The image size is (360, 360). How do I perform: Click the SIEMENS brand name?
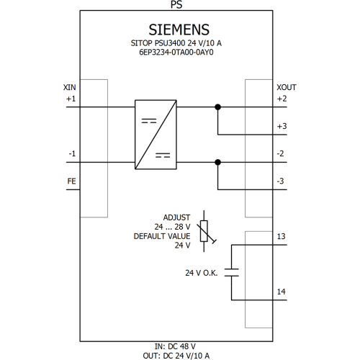pos(179,30)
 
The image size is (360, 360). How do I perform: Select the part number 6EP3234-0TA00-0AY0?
pos(176,52)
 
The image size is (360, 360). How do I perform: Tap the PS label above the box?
pos(176,4)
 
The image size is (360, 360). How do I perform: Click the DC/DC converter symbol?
pos(156,135)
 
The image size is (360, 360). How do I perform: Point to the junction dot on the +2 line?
pos(217,107)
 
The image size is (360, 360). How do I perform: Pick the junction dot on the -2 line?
pos(217,162)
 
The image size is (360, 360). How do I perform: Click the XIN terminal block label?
pos(70,87)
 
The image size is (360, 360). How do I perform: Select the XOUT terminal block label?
pos(287,87)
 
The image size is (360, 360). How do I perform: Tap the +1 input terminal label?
pos(71,99)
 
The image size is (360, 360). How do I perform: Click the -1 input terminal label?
pos(72,153)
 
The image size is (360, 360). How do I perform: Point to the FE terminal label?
pos(71,181)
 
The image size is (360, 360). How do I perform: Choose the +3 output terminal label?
pos(282,126)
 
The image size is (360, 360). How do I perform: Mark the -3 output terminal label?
pos(280,181)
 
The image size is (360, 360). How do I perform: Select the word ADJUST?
pos(176,217)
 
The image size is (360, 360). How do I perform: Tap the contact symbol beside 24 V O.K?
pos(232,273)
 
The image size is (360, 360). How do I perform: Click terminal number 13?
pos(282,236)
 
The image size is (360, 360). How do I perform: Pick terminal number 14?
pos(282,292)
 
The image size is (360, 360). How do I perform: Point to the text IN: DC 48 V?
pos(175,346)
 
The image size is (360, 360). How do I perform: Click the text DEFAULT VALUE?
pos(162,236)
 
